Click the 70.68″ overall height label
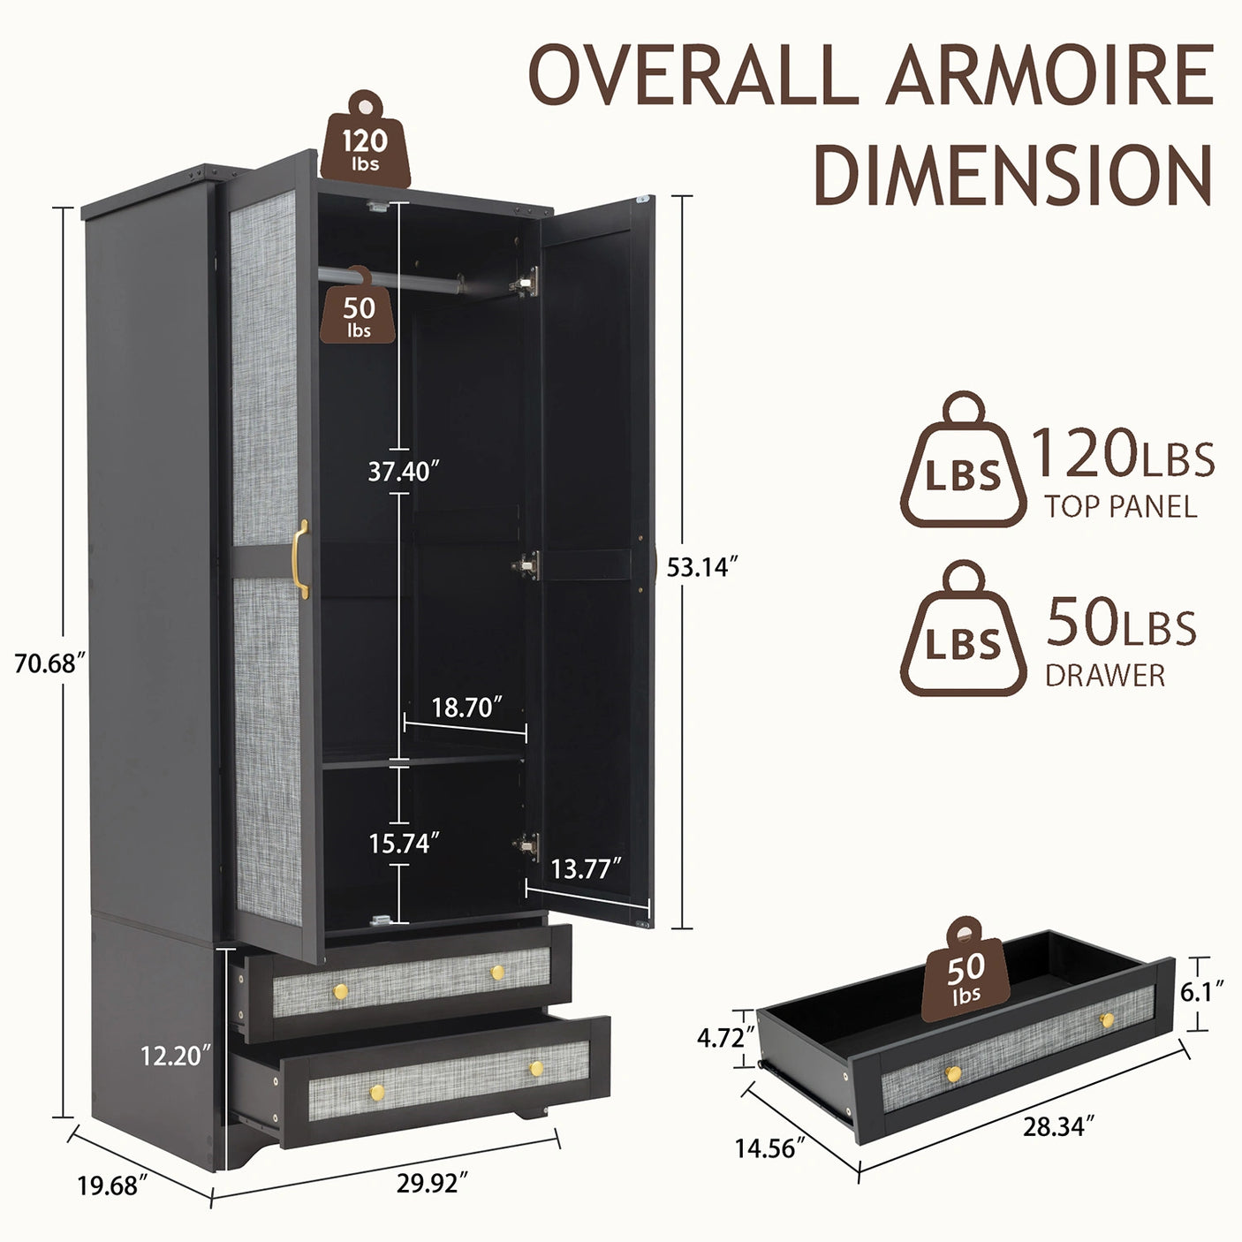pos(49,663)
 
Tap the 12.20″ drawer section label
pos(176,1054)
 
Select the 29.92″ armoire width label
pos(432,1183)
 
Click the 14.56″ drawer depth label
pos(769,1148)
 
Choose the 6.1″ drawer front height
pos(1201,992)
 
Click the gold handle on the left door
pos(301,559)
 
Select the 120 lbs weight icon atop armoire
pos(366,141)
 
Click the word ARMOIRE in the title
pos(1050,76)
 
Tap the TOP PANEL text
pos(1121,507)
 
